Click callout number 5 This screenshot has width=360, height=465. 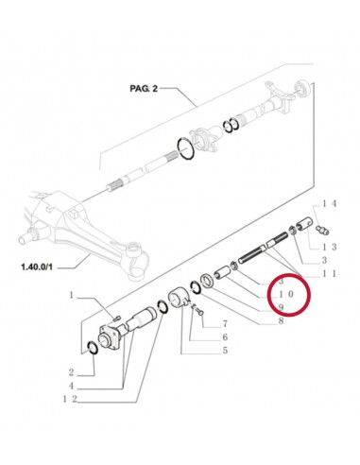tap(225, 351)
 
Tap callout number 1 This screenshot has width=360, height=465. tap(71, 297)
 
